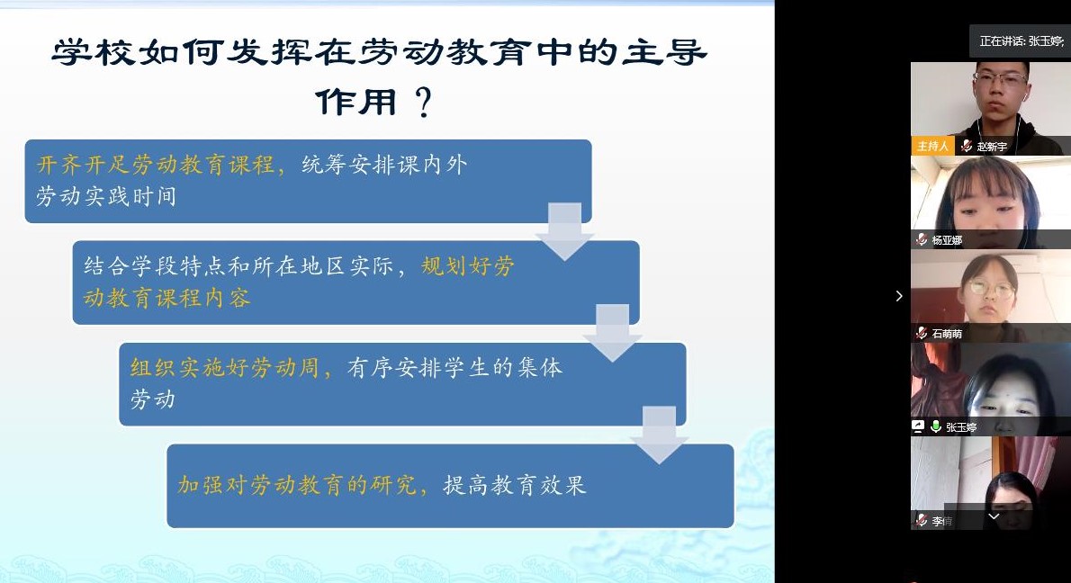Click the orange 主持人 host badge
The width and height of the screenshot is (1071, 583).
coord(931,146)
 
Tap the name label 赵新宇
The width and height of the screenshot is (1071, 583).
coord(991,147)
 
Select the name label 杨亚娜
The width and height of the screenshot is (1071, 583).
coord(947,240)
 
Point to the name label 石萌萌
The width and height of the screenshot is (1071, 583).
coord(947,334)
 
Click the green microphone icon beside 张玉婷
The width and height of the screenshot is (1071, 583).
coord(936,426)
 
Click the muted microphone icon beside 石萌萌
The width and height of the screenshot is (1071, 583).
coord(922,333)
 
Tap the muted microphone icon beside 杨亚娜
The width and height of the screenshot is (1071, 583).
coord(922,239)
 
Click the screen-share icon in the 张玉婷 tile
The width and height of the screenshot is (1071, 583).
coord(918,426)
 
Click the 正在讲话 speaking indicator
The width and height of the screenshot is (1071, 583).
coord(1021,41)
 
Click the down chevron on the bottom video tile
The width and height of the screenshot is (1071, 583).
coord(994,516)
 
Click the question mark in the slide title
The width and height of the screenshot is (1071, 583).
coord(424,103)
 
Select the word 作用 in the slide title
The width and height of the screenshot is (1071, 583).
coord(355,103)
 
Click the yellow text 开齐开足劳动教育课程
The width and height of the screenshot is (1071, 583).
coord(155,165)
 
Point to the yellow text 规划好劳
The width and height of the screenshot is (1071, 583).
coord(468,265)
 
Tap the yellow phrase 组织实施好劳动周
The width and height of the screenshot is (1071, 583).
coord(225,368)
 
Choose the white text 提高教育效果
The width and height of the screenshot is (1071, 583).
coord(514,485)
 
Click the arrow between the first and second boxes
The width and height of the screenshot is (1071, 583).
coord(564,231)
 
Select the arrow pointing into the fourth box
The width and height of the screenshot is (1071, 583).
coord(659,435)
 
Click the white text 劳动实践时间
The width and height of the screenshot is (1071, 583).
coord(106,197)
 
